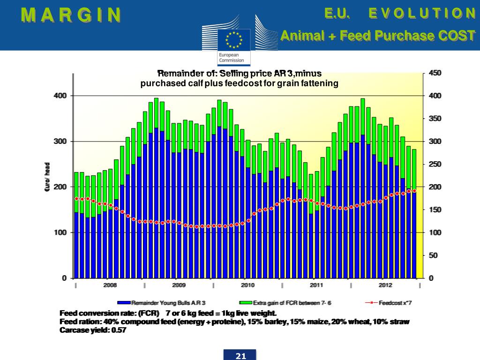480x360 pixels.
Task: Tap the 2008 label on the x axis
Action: pyautogui.click(x=110, y=285)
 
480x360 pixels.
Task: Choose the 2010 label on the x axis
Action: pyautogui.click(x=247, y=285)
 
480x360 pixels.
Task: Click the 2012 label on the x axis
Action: pyautogui.click(x=385, y=285)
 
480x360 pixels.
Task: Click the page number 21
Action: pyautogui.click(x=240, y=356)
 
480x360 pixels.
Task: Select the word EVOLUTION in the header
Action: pyautogui.click(x=422, y=13)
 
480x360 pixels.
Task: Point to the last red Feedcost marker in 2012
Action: pyautogui.click(x=414, y=191)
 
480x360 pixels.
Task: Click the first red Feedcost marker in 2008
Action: pyautogui.click(x=76, y=199)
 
